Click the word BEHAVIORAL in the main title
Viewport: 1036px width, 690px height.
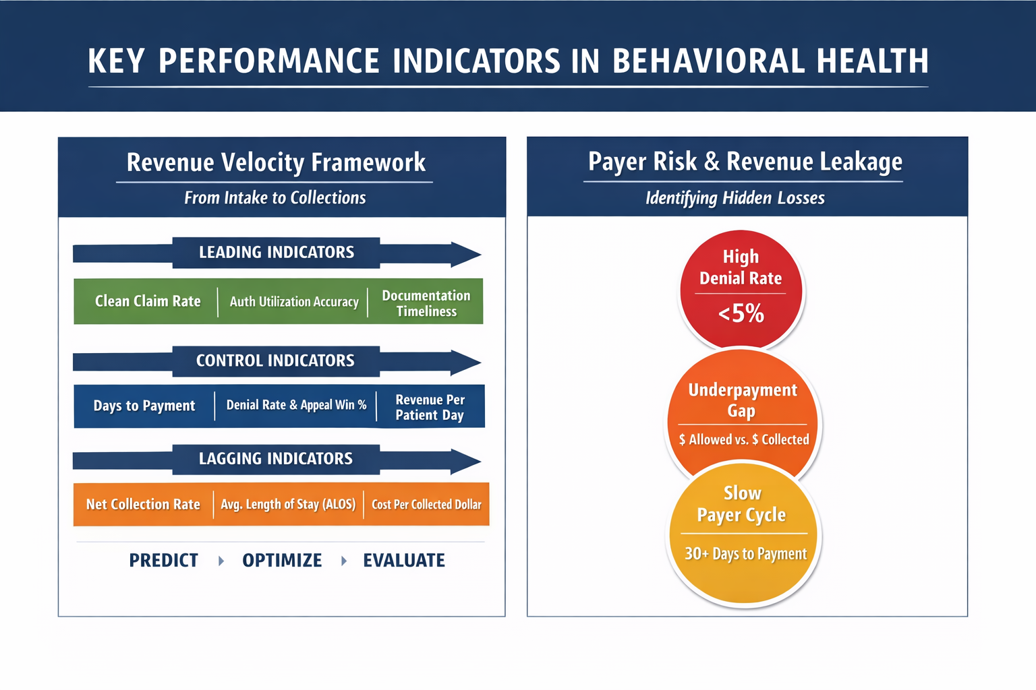point(708,61)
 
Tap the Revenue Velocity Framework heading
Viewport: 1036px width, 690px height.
point(276,162)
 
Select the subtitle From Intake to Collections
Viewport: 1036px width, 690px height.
point(275,198)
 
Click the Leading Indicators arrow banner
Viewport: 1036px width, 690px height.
point(277,253)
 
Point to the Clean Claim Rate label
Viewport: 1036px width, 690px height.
point(148,301)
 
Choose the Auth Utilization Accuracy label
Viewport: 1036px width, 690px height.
point(294,302)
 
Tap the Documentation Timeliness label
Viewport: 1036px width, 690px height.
point(426,303)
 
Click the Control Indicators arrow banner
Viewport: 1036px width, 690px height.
point(277,361)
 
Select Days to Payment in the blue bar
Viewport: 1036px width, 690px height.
point(144,406)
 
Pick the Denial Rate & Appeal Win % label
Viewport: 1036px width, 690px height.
point(296,406)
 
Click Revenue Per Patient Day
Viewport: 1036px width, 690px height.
point(430,407)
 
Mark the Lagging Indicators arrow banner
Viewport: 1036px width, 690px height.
point(277,460)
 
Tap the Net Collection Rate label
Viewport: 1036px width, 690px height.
point(143,504)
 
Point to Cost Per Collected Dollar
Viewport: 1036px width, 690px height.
point(426,505)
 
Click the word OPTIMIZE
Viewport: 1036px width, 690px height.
point(282,561)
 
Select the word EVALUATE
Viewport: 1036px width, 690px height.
point(404,561)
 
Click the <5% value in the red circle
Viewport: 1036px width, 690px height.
point(741,313)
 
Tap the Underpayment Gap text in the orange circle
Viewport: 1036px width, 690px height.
point(743,400)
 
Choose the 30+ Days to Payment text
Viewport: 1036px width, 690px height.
point(745,554)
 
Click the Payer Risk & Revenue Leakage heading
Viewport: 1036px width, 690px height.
point(745,162)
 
